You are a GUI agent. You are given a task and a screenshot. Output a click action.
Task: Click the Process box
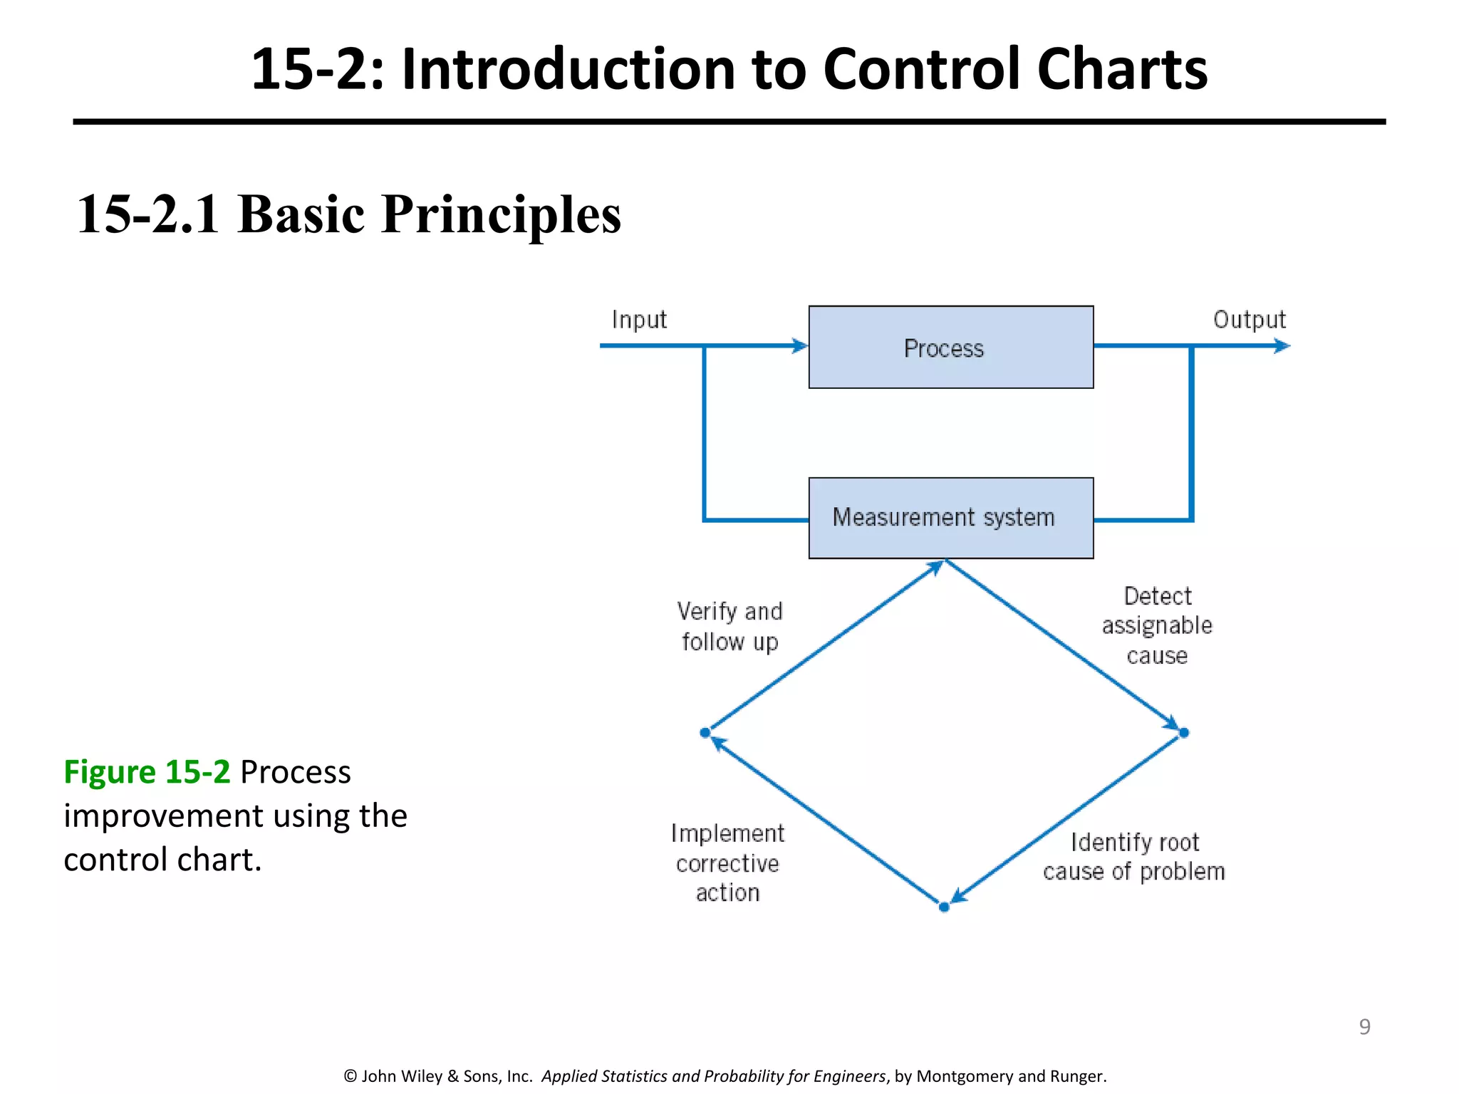point(950,347)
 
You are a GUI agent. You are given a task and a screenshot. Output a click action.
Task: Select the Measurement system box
point(950,518)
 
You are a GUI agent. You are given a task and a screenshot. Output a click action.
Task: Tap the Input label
point(639,320)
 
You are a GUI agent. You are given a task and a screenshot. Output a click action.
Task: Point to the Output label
point(1249,319)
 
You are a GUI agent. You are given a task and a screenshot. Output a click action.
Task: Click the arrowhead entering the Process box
point(800,346)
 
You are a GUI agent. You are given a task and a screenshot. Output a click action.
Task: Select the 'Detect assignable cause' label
point(1157,625)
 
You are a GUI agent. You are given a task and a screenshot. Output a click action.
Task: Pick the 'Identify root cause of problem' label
point(1133,857)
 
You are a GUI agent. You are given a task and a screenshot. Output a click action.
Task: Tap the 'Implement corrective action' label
point(727,863)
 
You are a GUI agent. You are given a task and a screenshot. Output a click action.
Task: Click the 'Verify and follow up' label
point(729,626)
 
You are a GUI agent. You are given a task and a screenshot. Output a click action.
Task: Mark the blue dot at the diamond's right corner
point(1184,732)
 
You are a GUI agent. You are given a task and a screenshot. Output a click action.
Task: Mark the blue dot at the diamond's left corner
point(705,732)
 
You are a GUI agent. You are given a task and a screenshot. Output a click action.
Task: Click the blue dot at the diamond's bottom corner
point(944,907)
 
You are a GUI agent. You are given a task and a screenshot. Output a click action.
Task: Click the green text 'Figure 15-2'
point(147,772)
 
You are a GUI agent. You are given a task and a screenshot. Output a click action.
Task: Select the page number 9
point(1364,1026)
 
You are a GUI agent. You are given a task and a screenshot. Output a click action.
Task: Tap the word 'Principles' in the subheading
point(501,214)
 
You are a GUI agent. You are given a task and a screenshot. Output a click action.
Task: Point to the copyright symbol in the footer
point(350,1076)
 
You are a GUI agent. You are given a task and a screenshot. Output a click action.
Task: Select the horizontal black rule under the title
point(729,122)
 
